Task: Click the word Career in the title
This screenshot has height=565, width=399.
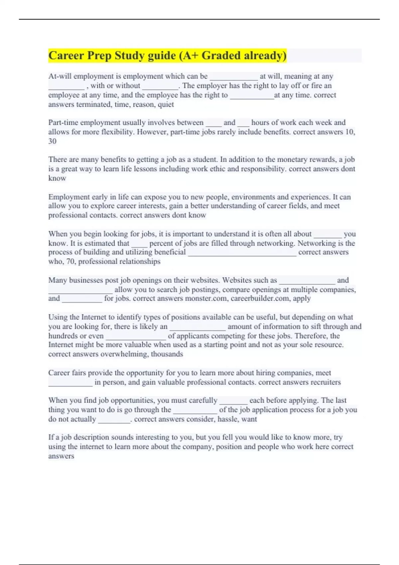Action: coord(66,55)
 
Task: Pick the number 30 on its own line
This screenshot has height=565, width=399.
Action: coord(52,141)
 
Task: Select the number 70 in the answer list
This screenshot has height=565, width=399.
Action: coord(70,262)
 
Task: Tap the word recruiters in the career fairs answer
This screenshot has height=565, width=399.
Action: coord(325,382)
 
